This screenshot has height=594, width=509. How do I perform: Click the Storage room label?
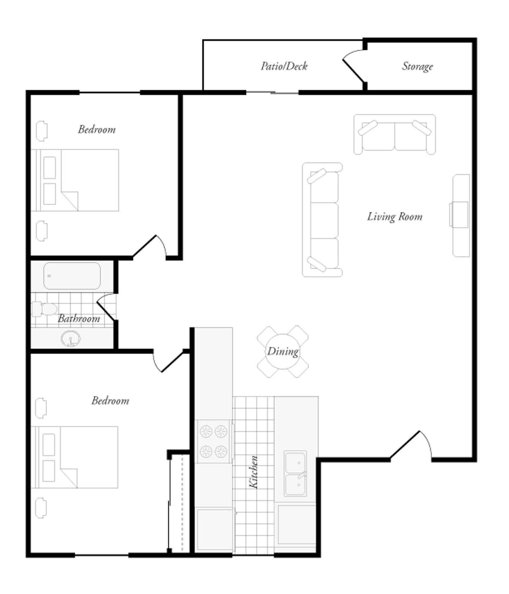417,67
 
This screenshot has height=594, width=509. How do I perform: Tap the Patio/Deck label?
284,66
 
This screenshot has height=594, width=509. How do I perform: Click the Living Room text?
395,217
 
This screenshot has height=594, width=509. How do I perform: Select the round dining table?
282,351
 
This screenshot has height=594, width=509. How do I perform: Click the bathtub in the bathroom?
72,276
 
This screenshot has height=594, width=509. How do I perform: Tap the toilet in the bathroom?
45,309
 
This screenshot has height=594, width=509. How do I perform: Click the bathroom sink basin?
71,339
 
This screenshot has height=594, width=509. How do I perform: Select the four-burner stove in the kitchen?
213,441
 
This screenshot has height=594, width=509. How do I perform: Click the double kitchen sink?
296,473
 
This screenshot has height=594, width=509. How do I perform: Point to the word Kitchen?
254,472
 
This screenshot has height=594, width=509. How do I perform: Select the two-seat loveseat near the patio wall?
395,135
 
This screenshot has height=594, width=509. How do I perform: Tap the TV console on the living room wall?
461,215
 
